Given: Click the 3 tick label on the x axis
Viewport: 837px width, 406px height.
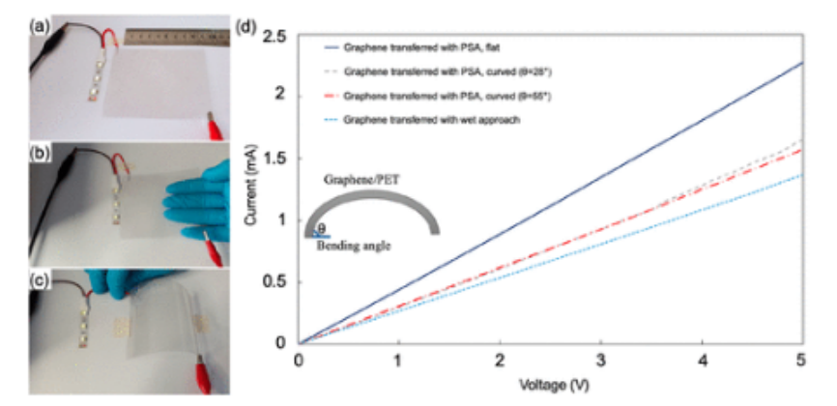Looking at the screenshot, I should pos(599,361).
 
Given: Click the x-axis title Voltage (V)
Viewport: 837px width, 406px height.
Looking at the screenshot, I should pos(549,383).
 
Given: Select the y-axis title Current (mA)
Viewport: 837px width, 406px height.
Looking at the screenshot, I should pos(253,188).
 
